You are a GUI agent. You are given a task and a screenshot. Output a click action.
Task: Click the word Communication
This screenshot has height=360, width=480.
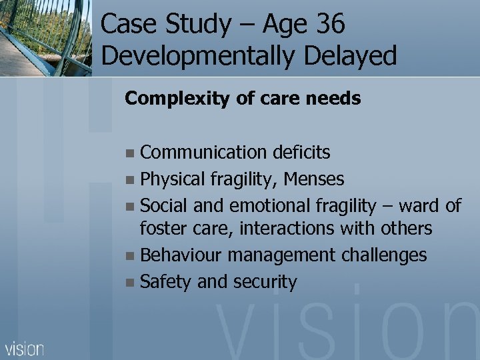pos(204,153)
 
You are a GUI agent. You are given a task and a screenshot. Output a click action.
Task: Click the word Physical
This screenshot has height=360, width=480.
pos(173,179)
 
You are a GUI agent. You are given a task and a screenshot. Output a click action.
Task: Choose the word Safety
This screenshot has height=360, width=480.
pos(167,281)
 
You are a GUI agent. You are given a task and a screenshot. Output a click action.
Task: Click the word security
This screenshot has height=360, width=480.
pos(265,281)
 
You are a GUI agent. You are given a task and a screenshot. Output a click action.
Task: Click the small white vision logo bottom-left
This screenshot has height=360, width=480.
pos(25,349)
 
